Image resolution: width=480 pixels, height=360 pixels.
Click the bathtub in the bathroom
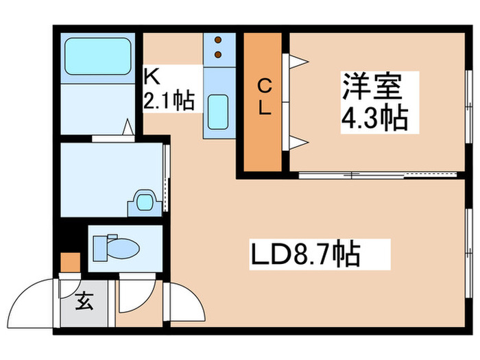(x=97, y=56)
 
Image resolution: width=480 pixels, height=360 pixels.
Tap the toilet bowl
(x=123, y=248)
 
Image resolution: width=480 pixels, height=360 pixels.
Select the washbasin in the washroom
(x=145, y=202)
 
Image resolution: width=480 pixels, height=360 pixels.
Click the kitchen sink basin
(x=218, y=112)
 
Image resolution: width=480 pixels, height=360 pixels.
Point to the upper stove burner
(x=218, y=40)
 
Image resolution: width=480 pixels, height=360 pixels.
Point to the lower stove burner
(x=218, y=54)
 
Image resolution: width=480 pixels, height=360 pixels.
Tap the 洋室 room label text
(x=372, y=86)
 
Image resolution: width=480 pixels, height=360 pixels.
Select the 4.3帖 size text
(x=374, y=118)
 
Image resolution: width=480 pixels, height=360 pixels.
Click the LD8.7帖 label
(x=305, y=254)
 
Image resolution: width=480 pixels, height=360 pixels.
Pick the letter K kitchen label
(x=152, y=76)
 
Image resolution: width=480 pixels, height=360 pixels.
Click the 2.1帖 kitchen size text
(x=169, y=100)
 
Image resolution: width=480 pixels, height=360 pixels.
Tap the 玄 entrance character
(x=84, y=301)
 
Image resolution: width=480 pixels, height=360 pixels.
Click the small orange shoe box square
(x=71, y=263)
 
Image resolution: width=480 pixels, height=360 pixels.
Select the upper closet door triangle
(x=298, y=62)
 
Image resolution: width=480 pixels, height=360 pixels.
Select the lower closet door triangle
(x=298, y=143)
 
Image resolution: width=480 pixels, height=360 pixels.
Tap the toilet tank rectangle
(x=100, y=248)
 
